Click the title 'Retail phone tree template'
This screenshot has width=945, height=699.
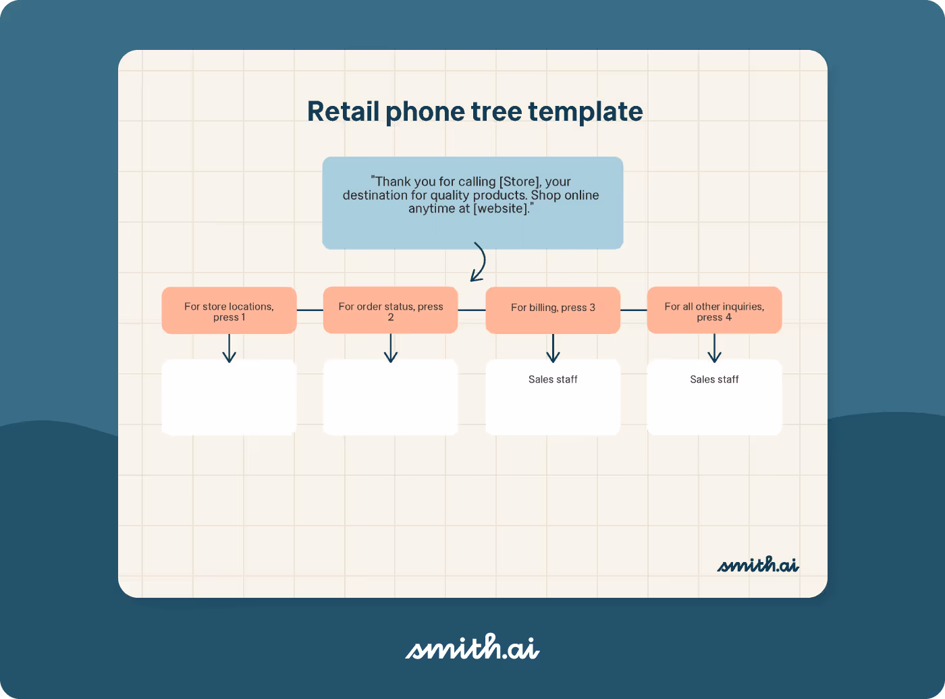click(475, 112)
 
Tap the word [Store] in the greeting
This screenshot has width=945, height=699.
click(519, 182)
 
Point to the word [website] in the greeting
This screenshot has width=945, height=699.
click(500, 208)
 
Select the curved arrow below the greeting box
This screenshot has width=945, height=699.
click(479, 262)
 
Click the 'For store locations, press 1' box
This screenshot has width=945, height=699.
click(229, 311)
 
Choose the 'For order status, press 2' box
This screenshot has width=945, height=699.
click(390, 311)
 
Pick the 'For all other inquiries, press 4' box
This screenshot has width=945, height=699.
click(714, 311)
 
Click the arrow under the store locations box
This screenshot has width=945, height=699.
click(230, 348)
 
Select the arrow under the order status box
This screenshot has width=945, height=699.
click(391, 348)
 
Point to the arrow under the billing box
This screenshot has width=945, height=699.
click(553, 348)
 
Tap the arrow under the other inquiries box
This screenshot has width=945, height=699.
click(714, 348)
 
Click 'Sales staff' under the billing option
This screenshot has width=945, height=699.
click(553, 380)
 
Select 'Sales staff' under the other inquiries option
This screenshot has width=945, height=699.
click(714, 380)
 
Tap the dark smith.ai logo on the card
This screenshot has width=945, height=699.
click(757, 565)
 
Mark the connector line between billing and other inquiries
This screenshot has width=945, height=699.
click(633, 310)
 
